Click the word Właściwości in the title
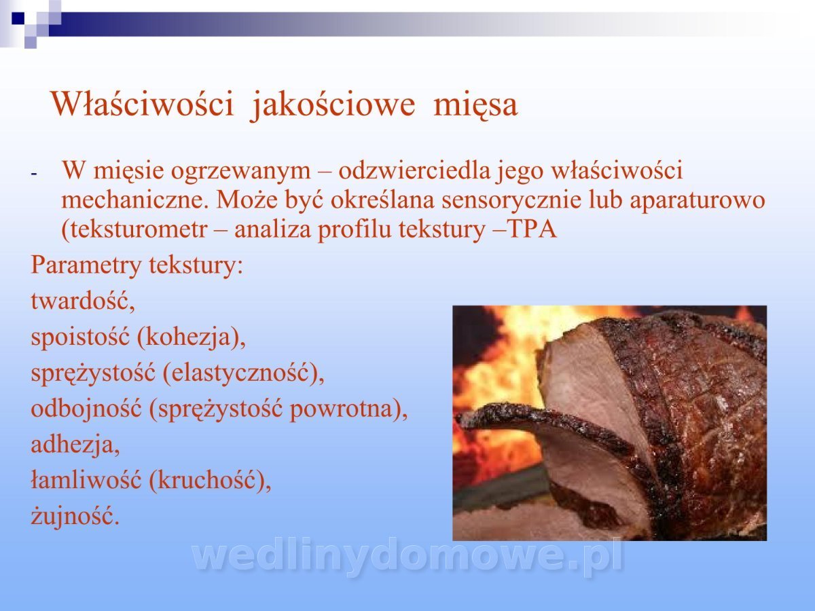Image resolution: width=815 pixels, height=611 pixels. tap(143, 104)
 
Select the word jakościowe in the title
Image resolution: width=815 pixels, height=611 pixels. tap(333, 106)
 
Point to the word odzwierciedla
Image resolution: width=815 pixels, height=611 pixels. tap(414, 170)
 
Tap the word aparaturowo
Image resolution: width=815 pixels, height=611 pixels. tap(698, 201)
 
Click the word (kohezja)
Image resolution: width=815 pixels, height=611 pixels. tap(192, 337)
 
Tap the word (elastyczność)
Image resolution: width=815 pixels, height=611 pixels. tap(244, 373)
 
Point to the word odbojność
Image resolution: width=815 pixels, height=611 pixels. tap(86, 409)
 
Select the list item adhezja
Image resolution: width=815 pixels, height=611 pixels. tap(75, 445)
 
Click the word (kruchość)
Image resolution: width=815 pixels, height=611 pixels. tap(210, 481)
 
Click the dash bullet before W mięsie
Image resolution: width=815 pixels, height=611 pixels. tap(34, 174)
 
